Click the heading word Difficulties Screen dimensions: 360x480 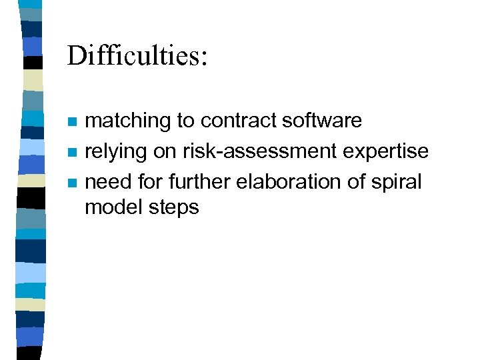[x=133, y=56]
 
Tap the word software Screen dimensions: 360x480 [x=322, y=121]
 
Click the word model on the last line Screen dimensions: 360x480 [x=111, y=207]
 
